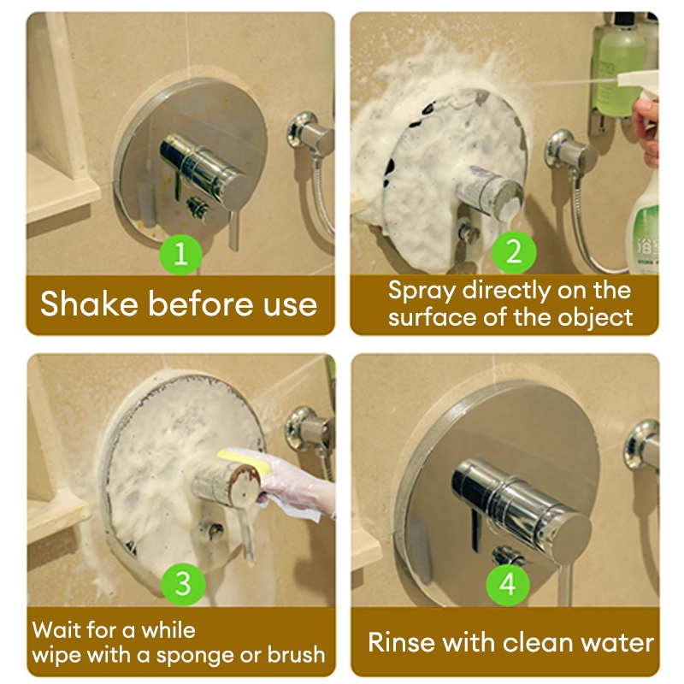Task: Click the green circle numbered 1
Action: tap(180, 254)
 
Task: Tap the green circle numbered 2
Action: tap(514, 252)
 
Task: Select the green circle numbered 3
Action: tap(183, 584)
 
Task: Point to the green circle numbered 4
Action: tap(508, 584)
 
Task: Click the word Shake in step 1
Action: tap(89, 304)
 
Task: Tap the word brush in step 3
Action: tap(296, 654)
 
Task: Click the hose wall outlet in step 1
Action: tap(309, 133)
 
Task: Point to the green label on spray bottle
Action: tap(645, 240)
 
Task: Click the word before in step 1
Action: tap(201, 304)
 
